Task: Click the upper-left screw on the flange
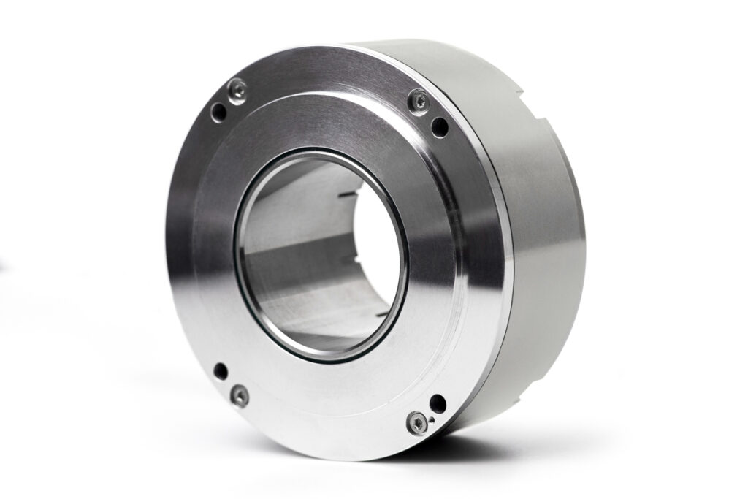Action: [x=237, y=91]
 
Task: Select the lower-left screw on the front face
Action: [x=239, y=396]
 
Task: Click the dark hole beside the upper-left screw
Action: [x=218, y=112]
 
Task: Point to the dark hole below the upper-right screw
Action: [x=440, y=127]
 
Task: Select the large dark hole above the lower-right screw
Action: [x=438, y=403]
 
